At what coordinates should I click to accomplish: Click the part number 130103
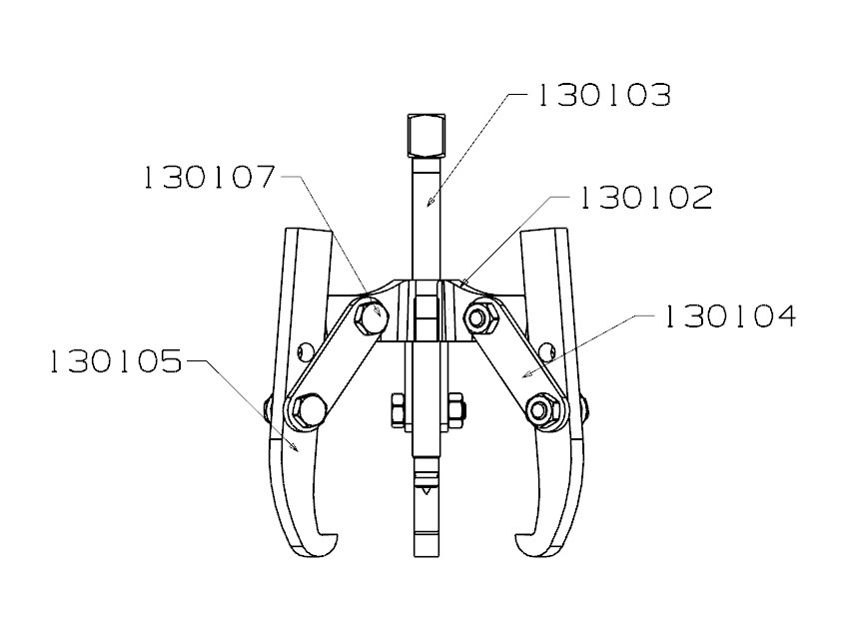tap(603, 96)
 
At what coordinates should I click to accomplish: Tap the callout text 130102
tap(646, 198)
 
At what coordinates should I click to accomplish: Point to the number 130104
tap(729, 317)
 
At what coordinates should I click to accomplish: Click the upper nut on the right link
tap(480, 318)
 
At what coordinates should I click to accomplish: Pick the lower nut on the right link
tap(542, 409)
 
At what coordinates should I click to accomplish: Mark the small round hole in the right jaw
tap(545, 349)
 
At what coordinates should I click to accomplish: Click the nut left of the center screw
tap(397, 409)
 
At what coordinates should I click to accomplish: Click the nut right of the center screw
tap(455, 409)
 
